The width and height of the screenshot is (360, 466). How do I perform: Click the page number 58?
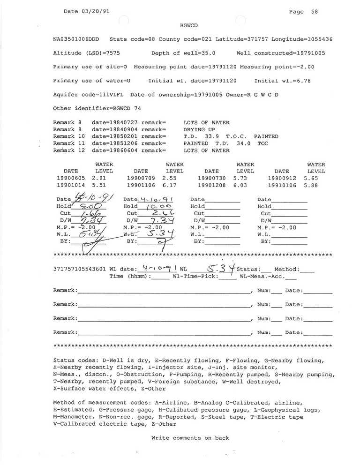314,12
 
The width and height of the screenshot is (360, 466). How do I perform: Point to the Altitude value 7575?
117,53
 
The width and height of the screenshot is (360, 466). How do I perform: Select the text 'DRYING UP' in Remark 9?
200,129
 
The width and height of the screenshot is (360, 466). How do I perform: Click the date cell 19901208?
212,185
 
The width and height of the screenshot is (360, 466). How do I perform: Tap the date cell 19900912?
282,178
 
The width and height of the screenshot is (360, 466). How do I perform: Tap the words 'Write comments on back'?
190,438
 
